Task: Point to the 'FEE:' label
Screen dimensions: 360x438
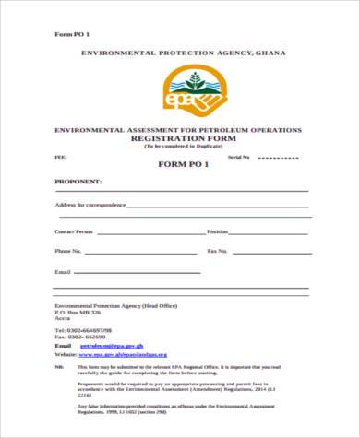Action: click(x=60, y=158)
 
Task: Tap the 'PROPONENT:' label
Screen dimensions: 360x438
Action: click(x=78, y=183)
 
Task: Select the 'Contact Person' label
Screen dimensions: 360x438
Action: click(x=74, y=231)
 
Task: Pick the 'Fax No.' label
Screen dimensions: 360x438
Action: click(x=218, y=250)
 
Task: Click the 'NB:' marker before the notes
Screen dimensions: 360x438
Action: click(x=59, y=366)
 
